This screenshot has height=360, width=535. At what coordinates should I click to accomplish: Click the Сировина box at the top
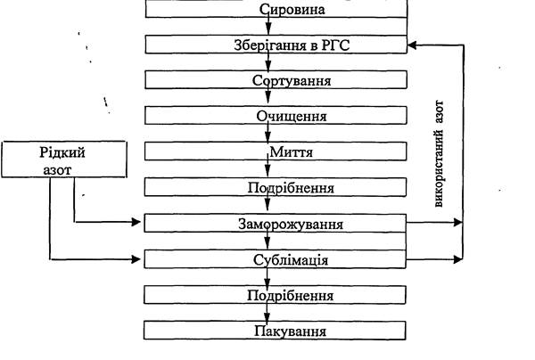[x=276, y=10]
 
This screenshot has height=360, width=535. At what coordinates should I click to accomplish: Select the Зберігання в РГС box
[x=276, y=45]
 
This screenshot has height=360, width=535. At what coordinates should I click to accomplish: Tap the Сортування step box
[x=276, y=80]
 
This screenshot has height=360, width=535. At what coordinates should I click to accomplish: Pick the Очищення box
[x=276, y=116]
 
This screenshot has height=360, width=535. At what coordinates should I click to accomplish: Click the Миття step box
[x=276, y=151]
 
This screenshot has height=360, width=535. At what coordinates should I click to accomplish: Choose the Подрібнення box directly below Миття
[x=276, y=187]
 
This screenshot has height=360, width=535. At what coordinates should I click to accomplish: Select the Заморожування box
[x=276, y=223]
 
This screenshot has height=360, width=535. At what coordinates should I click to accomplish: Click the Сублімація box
[x=276, y=259]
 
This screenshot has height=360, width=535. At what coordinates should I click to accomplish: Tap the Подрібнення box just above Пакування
[x=276, y=295]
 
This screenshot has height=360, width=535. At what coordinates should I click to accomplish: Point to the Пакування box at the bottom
[x=276, y=330]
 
